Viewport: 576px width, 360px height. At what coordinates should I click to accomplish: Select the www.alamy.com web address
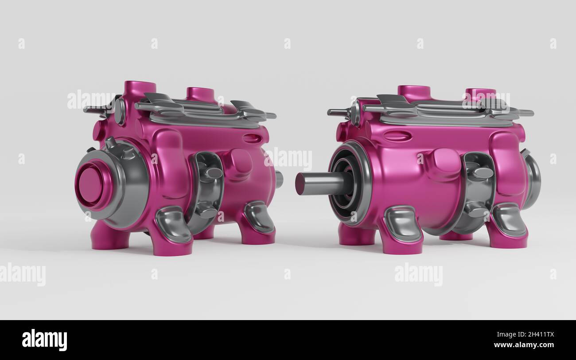pyautogui.click(x=524, y=345)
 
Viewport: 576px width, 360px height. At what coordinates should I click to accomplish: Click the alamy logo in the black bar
pyautogui.click(x=44, y=340)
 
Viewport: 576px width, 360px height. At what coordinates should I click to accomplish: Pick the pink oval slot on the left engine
pyautogui.click(x=251, y=138)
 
